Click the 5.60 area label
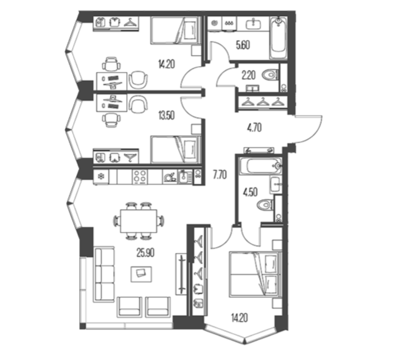coord(243,45)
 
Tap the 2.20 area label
coord(248,75)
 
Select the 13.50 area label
coord(166,116)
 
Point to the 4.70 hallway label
coord(254,128)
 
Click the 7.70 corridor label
coord(220,174)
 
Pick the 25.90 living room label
coord(146,253)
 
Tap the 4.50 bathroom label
coord(250,192)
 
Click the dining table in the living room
coord(139,221)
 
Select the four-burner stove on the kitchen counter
coord(140,176)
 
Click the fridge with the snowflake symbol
coord(101,177)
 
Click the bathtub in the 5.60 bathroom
coord(279,38)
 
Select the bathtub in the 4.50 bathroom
coord(260,166)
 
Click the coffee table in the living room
coord(141,274)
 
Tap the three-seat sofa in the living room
coord(104,274)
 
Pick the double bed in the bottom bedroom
coord(255,275)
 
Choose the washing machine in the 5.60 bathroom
coord(214,24)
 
